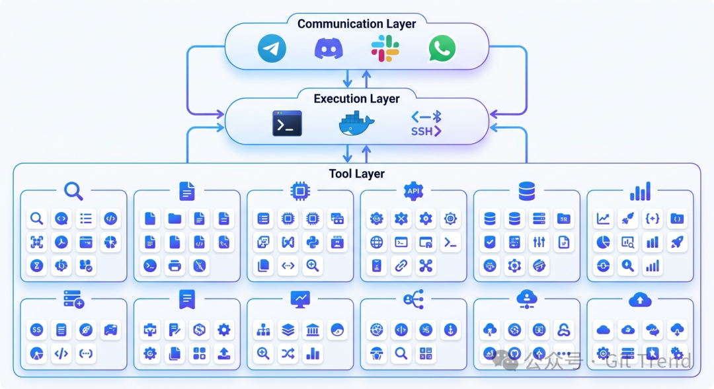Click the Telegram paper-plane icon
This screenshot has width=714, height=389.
click(x=272, y=49)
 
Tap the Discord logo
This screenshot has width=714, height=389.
click(x=329, y=49)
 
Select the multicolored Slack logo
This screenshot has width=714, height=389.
click(x=385, y=49)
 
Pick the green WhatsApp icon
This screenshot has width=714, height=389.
click(x=442, y=49)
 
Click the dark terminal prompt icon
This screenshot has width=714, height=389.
click(x=287, y=124)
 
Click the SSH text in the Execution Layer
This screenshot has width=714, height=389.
click(x=425, y=131)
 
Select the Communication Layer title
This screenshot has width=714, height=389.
click(x=356, y=24)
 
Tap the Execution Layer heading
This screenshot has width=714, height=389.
click(x=356, y=98)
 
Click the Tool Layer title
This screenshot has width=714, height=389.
click(x=356, y=174)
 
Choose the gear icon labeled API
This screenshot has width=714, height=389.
click(x=413, y=191)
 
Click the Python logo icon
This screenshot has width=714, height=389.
click(x=312, y=242)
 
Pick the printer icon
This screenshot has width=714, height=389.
click(x=175, y=266)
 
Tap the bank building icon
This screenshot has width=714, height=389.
click(x=312, y=330)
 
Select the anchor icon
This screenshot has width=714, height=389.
click(x=450, y=330)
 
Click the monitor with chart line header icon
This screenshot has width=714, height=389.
click(x=300, y=299)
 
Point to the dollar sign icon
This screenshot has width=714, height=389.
click(x=199, y=330)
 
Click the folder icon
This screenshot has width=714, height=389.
click(x=175, y=219)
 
